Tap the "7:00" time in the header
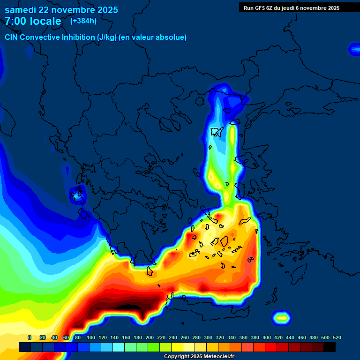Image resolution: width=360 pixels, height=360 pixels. tap(15, 22)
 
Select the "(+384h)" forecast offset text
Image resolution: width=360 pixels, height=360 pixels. tap(83, 21)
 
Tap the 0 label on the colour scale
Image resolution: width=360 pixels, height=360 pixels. tap(30, 337)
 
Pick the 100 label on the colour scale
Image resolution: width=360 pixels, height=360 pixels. tap(91, 337)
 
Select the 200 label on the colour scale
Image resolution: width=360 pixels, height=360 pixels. tap(150, 337)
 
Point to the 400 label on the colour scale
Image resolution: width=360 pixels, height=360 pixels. tap(267, 337)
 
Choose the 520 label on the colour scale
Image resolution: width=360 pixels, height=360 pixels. tap(337, 337)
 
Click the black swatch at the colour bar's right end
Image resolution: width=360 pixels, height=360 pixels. tap(330, 347)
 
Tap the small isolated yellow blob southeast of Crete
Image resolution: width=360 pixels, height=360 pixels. tap(281, 318)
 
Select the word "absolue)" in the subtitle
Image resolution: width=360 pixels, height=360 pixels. tap(172, 37)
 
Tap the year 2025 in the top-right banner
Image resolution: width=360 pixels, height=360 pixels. tap(333, 8)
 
